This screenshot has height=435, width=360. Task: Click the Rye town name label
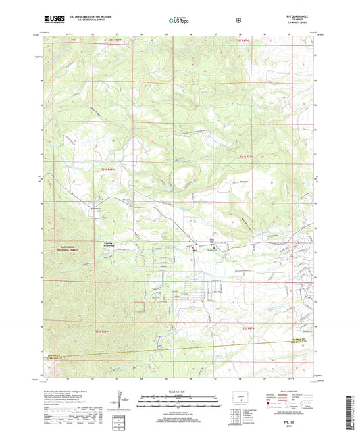click(x=195, y=248)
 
